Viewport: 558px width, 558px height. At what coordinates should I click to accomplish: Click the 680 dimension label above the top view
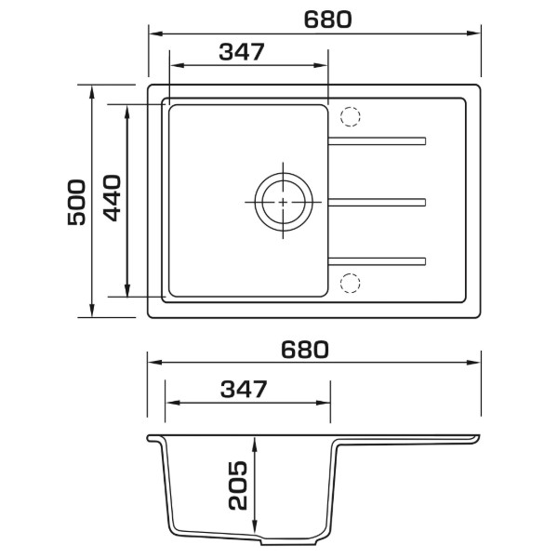(327, 20)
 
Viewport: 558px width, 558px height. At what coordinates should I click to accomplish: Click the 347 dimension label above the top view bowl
(242, 51)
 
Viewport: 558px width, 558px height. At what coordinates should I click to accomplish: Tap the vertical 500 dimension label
(76, 202)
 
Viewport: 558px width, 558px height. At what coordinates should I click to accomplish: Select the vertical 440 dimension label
(112, 198)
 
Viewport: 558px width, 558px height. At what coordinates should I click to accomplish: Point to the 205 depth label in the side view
(237, 485)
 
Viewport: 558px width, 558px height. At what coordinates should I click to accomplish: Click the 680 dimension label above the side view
(305, 350)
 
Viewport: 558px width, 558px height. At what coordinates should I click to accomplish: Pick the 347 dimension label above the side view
(244, 389)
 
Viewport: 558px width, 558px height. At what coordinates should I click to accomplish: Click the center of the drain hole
(284, 202)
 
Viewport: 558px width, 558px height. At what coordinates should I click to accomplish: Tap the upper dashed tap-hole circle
(351, 116)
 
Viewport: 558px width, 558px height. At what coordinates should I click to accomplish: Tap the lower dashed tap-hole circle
(351, 284)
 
